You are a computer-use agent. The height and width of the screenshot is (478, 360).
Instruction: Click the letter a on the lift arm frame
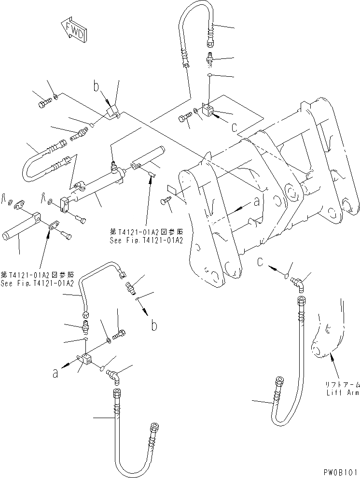tap(256, 203)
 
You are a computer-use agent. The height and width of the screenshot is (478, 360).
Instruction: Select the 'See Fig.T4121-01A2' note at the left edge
tap(37, 280)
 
